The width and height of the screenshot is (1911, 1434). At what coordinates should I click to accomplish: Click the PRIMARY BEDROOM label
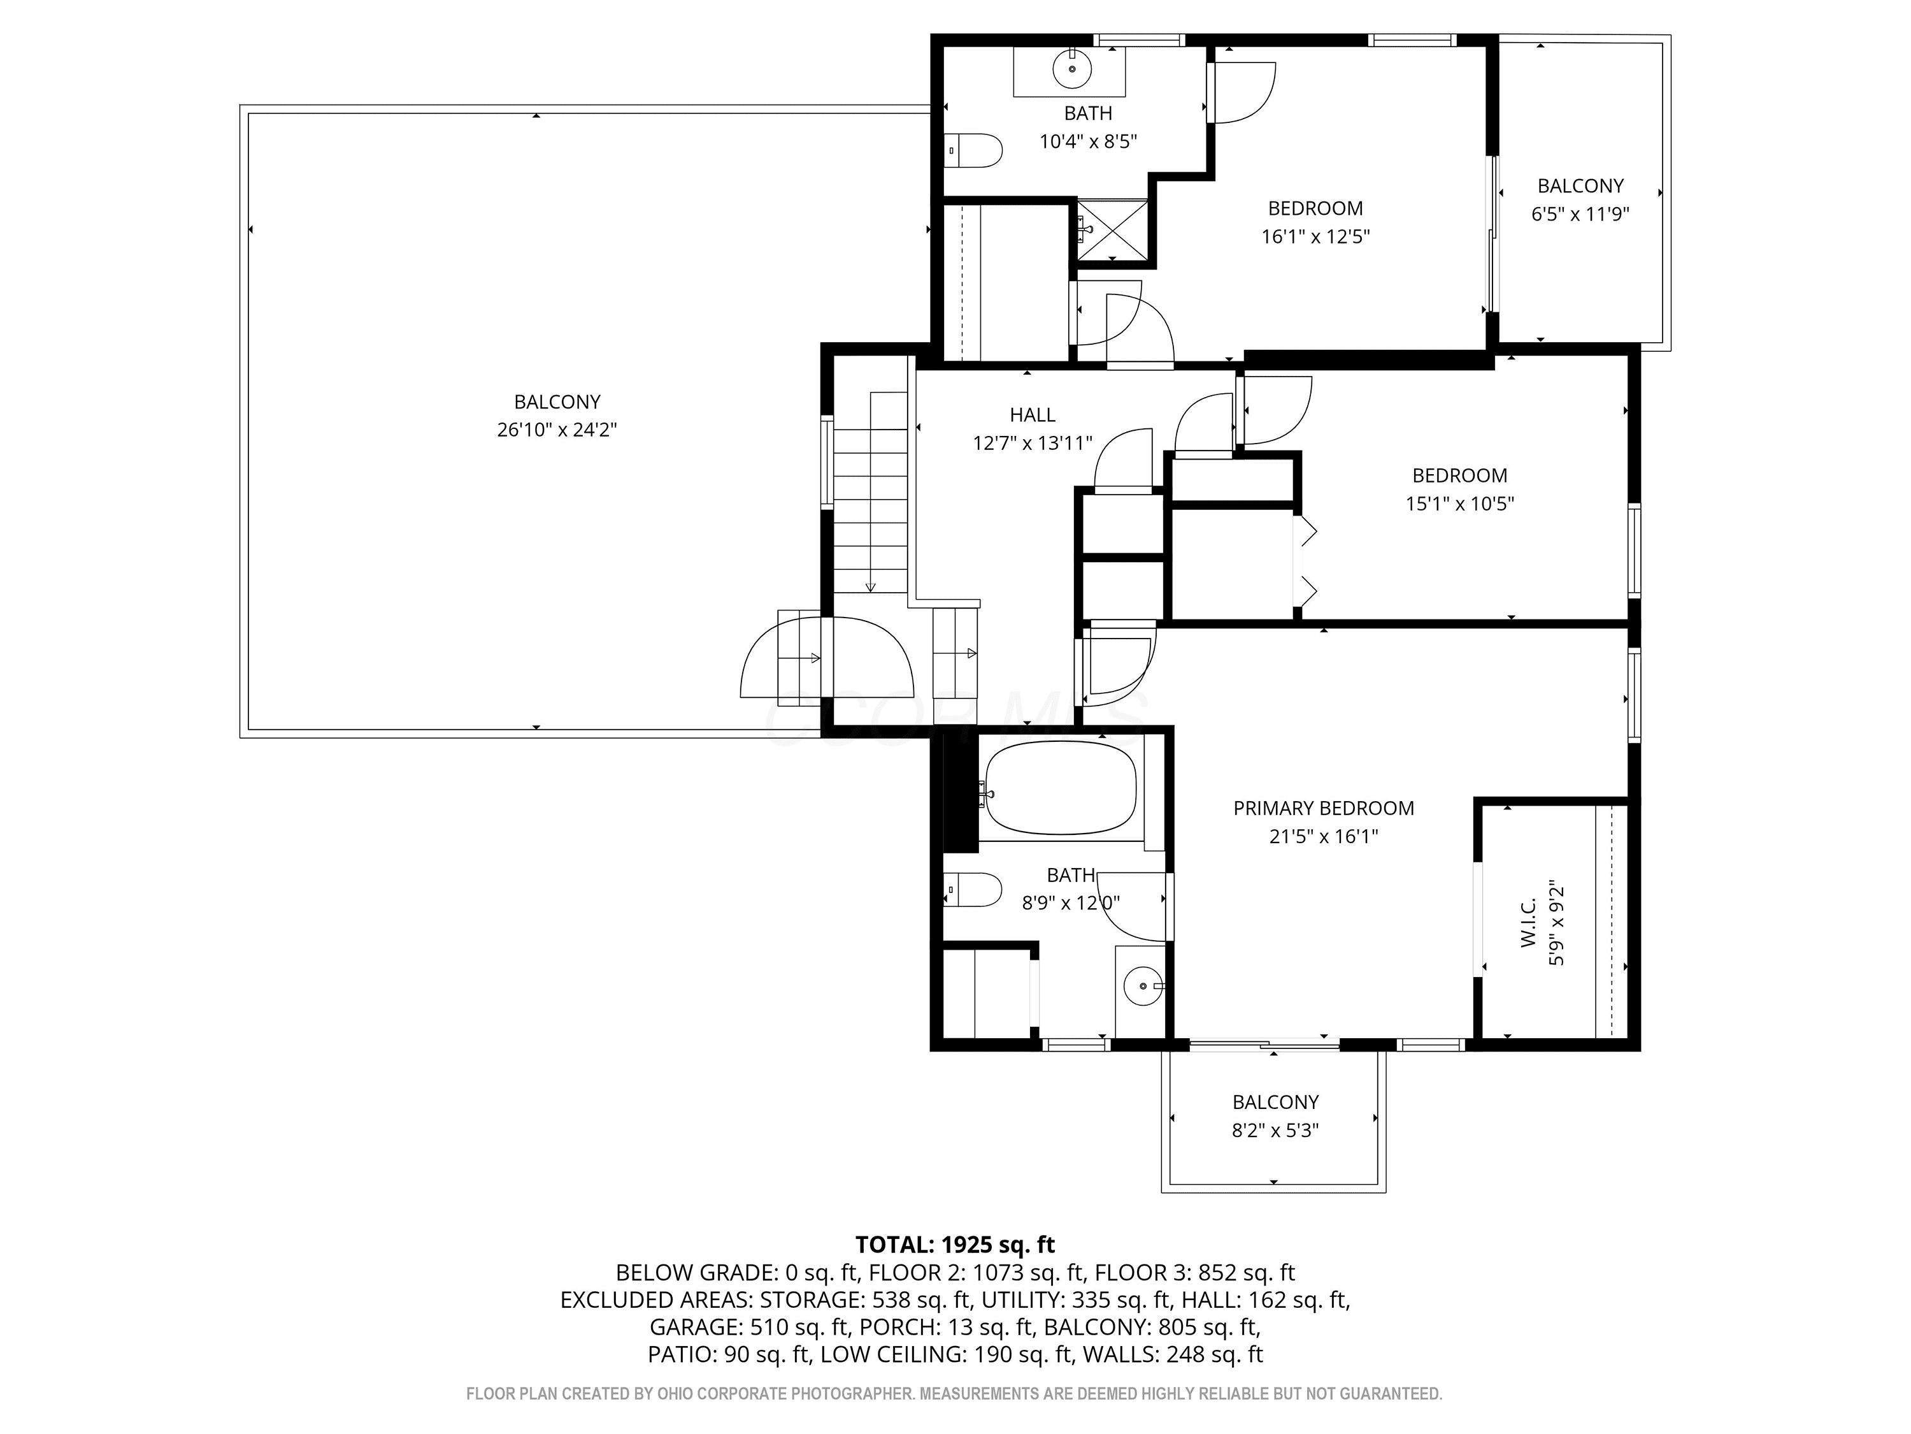[x=1324, y=808]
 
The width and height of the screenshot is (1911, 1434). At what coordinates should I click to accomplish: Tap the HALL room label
[x=1033, y=415]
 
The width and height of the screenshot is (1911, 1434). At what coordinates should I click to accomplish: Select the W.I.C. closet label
[x=1528, y=922]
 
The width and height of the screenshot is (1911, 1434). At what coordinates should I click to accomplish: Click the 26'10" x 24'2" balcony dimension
[x=557, y=430]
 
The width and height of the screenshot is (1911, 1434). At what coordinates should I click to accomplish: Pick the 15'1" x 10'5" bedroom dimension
[x=1460, y=503]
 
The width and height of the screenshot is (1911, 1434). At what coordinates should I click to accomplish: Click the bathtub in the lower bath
[x=1061, y=788]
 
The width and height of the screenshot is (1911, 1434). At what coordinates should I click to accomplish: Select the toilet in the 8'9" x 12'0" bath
[x=973, y=890]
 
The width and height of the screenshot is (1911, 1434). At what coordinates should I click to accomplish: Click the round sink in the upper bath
[x=1072, y=68]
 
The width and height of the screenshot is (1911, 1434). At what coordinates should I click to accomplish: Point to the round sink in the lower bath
[x=1143, y=985]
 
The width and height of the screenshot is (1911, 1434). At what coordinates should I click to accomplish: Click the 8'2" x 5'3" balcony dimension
[x=1275, y=1131]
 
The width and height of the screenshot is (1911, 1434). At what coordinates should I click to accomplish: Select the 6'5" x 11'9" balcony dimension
[x=1580, y=214]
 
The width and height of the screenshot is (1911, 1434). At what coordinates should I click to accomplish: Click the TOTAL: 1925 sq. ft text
[x=955, y=1245]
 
